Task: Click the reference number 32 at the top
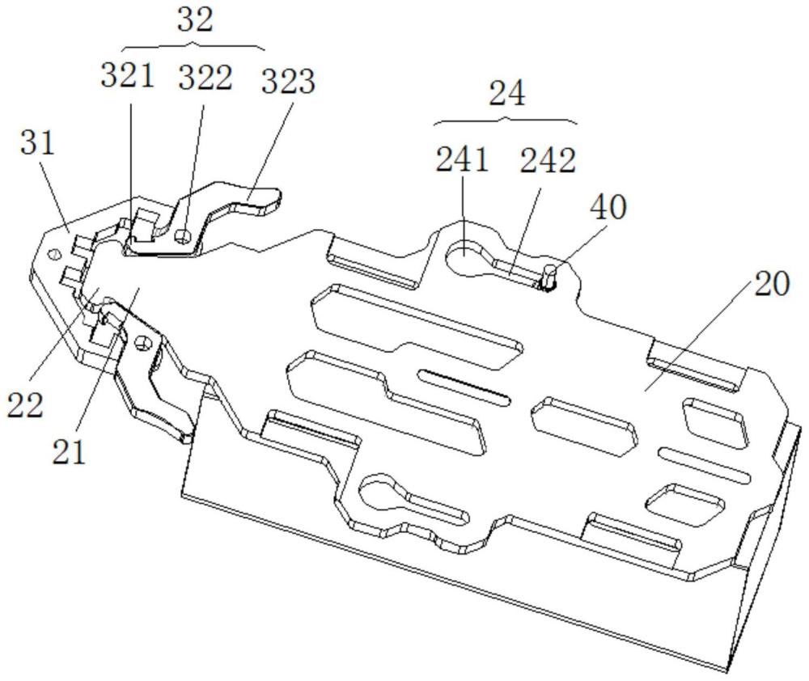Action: (x=195, y=21)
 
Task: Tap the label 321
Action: (x=128, y=76)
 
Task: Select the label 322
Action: (x=205, y=78)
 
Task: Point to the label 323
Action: (x=288, y=81)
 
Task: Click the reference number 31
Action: (x=38, y=142)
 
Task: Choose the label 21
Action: (x=69, y=452)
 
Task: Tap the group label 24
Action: (x=507, y=94)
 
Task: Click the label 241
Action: (x=462, y=159)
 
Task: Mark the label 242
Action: (x=548, y=160)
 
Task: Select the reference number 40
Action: (x=609, y=207)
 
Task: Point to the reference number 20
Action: (x=772, y=284)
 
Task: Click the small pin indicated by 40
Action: (x=549, y=277)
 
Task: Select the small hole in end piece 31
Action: (x=53, y=254)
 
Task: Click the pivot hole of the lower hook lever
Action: (x=142, y=342)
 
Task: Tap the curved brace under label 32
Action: (x=193, y=47)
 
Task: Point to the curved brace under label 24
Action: (x=506, y=121)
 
